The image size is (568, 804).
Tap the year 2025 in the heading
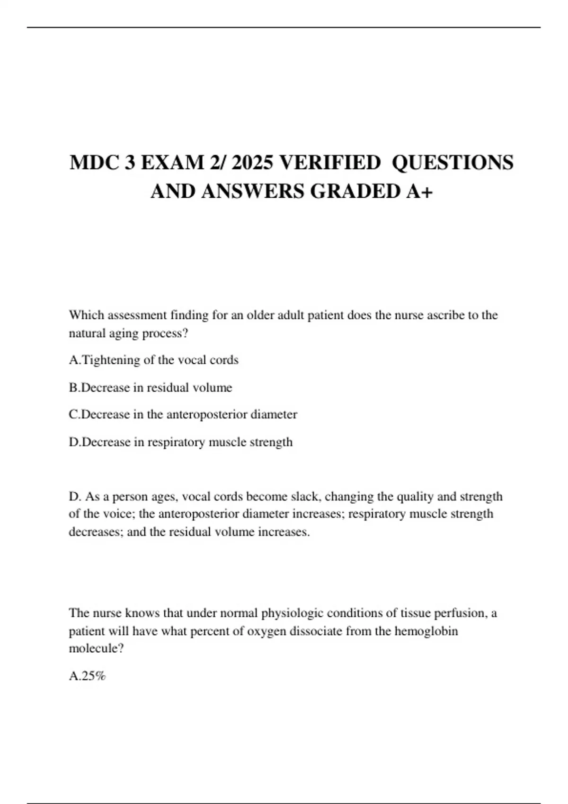[x=253, y=163]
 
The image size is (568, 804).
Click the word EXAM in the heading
[x=171, y=163]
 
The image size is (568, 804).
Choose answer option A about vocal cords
[x=153, y=360]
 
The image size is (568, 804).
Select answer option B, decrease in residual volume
[x=151, y=387]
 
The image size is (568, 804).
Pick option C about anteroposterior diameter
[x=183, y=414]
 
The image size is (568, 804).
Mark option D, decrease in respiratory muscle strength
[x=180, y=442]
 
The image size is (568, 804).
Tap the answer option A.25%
[x=87, y=676]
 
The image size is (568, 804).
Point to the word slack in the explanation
[x=304, y=497]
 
